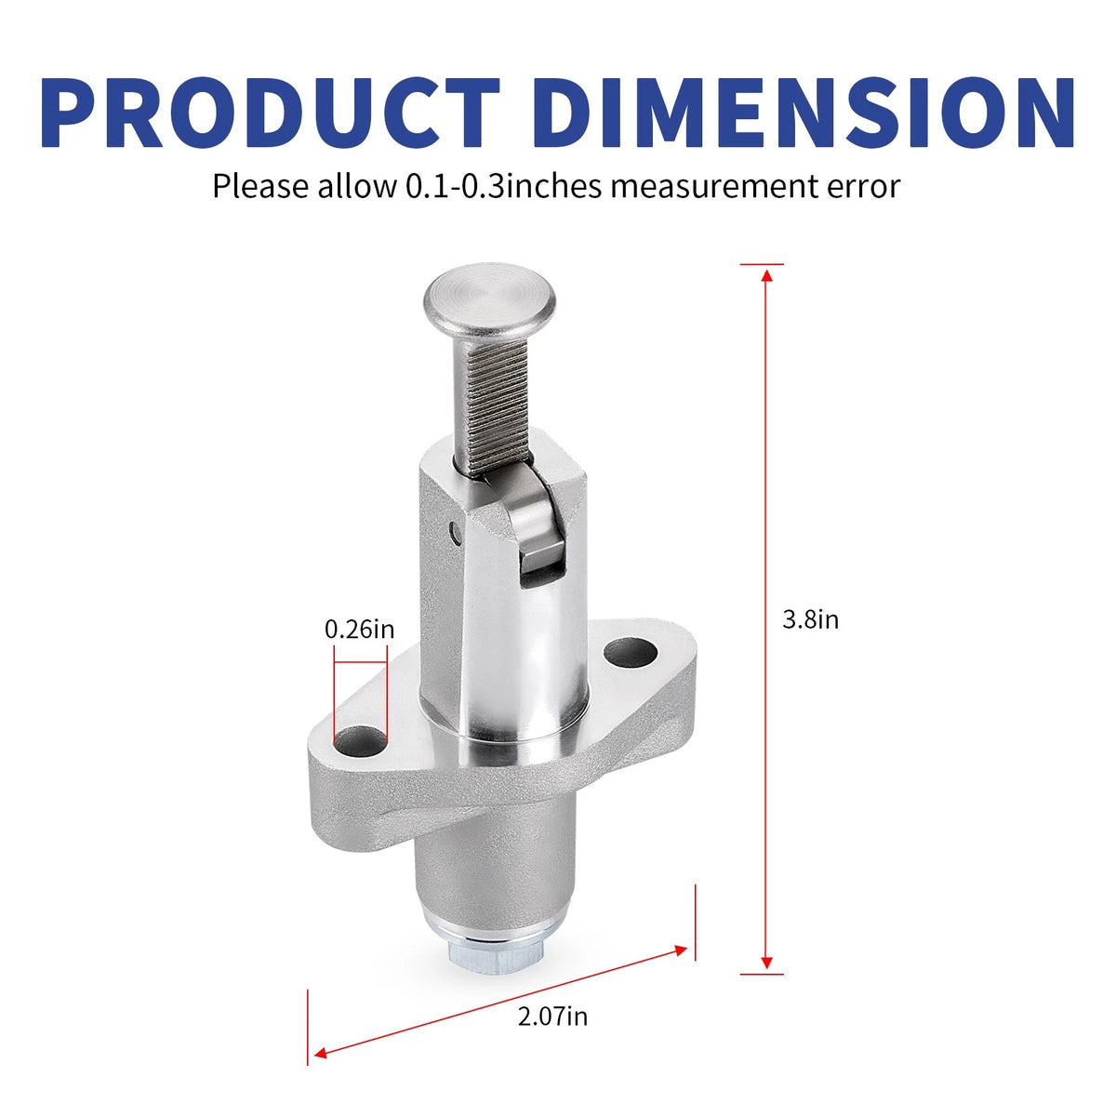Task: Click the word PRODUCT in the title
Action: tap(270, 113)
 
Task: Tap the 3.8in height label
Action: tap(810, 619)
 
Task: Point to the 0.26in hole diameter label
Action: tap(359, 629)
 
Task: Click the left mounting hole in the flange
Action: tap(360, 742)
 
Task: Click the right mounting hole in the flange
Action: tap(631, 653)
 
